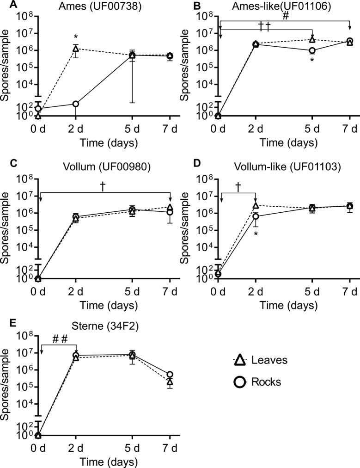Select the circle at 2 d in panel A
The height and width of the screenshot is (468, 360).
pos(76,104)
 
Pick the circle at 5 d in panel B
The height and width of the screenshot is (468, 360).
pos(312,50)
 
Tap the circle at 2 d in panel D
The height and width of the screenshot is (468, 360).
pos(256,216)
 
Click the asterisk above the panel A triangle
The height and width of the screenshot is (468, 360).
pos(76,37)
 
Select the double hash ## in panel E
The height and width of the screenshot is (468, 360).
pos(60,339)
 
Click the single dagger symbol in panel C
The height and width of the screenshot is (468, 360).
pos(104,185)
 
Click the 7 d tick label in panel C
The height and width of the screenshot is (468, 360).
pos(170,293)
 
